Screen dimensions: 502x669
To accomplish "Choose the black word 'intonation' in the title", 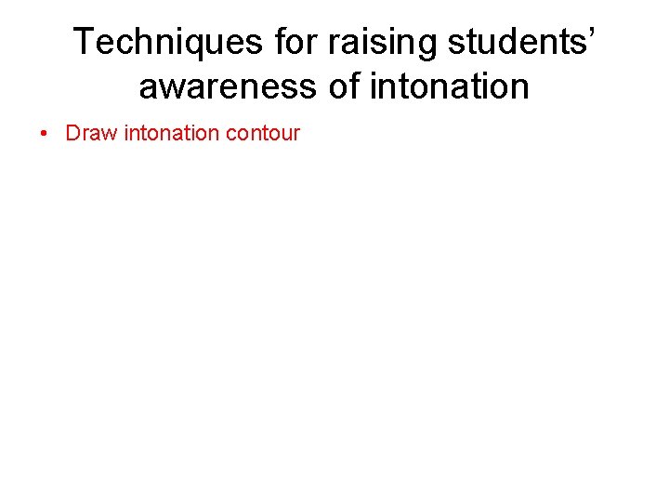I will tap(450, 87).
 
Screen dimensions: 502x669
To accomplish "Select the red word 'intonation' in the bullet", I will tap(171, 133).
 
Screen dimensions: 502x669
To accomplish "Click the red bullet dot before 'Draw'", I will tap(46, 133).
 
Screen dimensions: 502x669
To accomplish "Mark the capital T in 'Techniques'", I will tap(85, 42).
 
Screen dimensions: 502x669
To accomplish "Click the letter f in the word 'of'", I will tap(355, 87).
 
